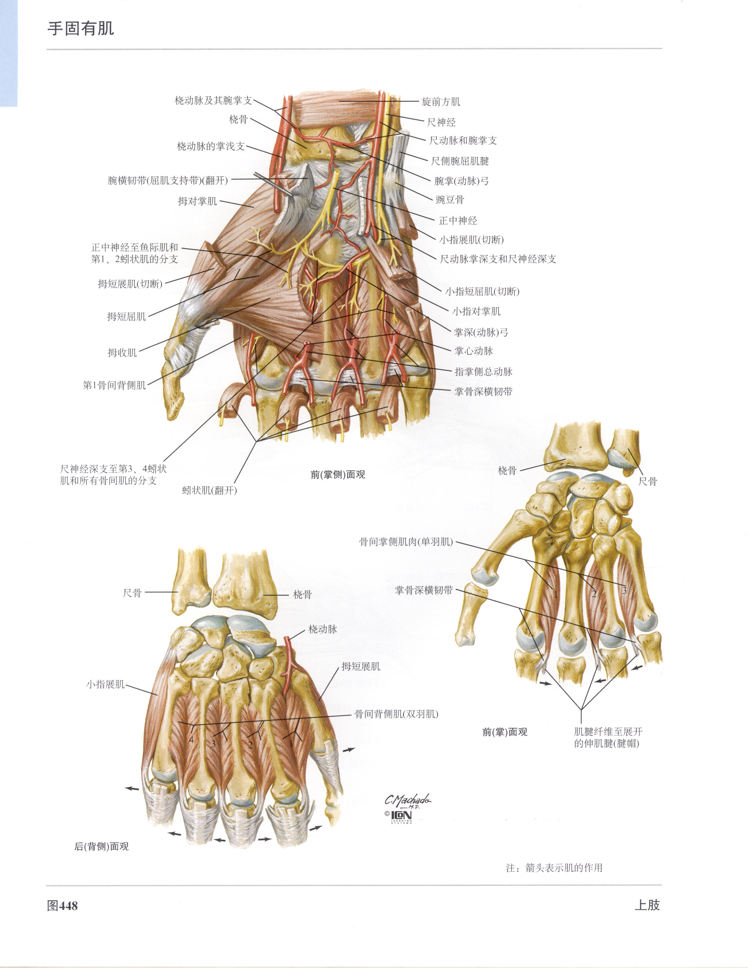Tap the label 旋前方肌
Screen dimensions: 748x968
[441, 101]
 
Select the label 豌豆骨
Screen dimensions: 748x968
[450, 200]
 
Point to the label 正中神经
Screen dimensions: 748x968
[458, 221]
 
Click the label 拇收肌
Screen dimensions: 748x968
[122, 352]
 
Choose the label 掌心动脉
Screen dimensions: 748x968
[474, 351]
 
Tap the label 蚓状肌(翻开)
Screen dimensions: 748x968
[209, 490]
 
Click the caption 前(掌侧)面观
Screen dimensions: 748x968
[338, 475]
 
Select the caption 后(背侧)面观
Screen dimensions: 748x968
[101, 846]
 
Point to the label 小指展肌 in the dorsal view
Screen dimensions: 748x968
[105, 684]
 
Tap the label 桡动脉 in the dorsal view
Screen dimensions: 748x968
[323, 629]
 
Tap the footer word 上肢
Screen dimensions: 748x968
[647, 905]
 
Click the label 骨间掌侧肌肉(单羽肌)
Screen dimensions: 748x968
[406, 542]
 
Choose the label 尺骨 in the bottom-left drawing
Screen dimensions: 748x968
[132, 593]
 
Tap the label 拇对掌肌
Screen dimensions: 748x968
[197, 201]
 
